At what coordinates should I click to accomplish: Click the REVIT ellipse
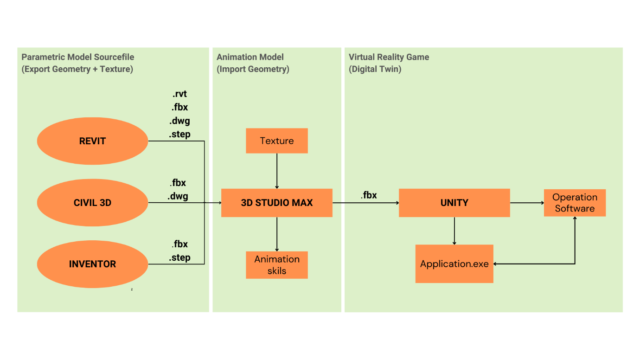coord(92,141)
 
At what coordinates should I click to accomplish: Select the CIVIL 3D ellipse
coord(92,203)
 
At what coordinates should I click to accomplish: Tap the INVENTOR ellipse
coord(92,264)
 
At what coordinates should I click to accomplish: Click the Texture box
coord(277,141)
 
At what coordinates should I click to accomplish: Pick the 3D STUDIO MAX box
coord(277,203)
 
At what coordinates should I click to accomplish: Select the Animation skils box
coord(277,265)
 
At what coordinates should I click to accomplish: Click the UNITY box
coord(454,203)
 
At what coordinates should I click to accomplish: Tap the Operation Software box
coord(575,203)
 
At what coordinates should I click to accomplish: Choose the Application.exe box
coord(454,264)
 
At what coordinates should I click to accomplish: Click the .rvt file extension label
coord(179,94)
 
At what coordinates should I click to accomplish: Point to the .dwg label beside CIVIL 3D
coord(178,196)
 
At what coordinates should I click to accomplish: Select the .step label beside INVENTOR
coord(179,257)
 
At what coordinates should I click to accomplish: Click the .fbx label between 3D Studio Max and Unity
coord(369,195)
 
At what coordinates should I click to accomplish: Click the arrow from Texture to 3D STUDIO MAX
coord(277,171)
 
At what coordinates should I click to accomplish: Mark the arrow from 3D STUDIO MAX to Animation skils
coord(277,234)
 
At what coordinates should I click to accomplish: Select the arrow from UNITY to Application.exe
coord(454,231)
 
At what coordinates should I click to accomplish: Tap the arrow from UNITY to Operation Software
coord(527,203)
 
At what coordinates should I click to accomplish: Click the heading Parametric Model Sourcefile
coord(78,57)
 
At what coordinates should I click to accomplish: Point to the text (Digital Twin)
coord(375,69)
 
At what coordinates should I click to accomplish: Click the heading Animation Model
coord(250,57)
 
